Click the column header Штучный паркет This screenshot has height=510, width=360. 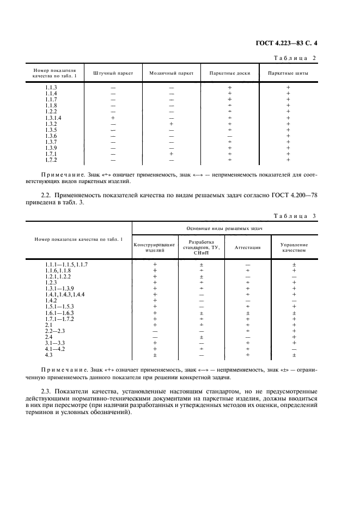tap(113, 73)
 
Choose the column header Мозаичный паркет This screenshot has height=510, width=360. tap(171, 73)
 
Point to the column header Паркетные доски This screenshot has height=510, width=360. tap(229, 73)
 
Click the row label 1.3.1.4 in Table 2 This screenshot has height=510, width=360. tap(53, 118)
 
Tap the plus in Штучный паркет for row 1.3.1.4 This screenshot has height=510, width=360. tap(113, 118)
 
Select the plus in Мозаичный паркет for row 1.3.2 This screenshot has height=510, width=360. tap(171, 124)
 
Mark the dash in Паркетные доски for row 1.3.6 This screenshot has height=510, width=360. tap(229, 136)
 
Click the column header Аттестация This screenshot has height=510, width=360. tap(247, 247)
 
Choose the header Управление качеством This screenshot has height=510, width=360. tap(294, 247)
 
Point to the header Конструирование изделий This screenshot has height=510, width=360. tap(155, 247)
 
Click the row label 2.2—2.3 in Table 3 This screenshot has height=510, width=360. tap(55, 331)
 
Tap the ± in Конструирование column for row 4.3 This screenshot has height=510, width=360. tap(155, 355)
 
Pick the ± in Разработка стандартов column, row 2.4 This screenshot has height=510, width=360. tap(202, 337)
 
